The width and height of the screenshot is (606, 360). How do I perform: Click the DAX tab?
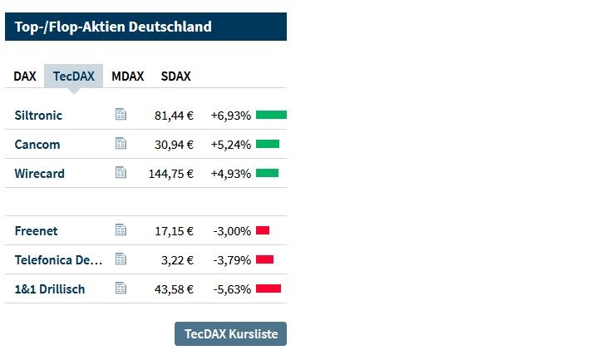(x=25, y=76)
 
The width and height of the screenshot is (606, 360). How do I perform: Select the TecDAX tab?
(x=74, y=76)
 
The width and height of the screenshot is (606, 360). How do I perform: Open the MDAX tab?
(x=127, y=76)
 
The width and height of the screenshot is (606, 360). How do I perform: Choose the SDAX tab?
(x=175, y=76)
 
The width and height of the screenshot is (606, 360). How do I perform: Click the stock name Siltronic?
(x=38, y=115)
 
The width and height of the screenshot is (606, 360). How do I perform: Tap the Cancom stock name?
(x=37, y=144)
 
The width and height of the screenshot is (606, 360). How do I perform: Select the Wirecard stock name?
(x=39, y=173)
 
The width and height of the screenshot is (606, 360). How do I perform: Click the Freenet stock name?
(x=36, y=230)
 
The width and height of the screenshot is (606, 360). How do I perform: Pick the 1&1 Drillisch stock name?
(x=50, y=288)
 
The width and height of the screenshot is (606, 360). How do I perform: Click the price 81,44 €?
(x=174, y=116)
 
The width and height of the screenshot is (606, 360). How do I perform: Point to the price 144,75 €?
(x=170, y=174)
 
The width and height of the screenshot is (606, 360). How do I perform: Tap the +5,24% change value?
(x=230, y=145)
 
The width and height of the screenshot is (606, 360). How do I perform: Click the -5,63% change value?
(x=232, y=289)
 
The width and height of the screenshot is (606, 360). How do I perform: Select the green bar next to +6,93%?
(x=271, y=115)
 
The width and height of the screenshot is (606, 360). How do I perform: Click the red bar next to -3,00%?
(x=263, y=230)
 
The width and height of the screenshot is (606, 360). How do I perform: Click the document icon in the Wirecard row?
(x=121, y=172)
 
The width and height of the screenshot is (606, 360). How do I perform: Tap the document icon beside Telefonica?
(x=121, y=259)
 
